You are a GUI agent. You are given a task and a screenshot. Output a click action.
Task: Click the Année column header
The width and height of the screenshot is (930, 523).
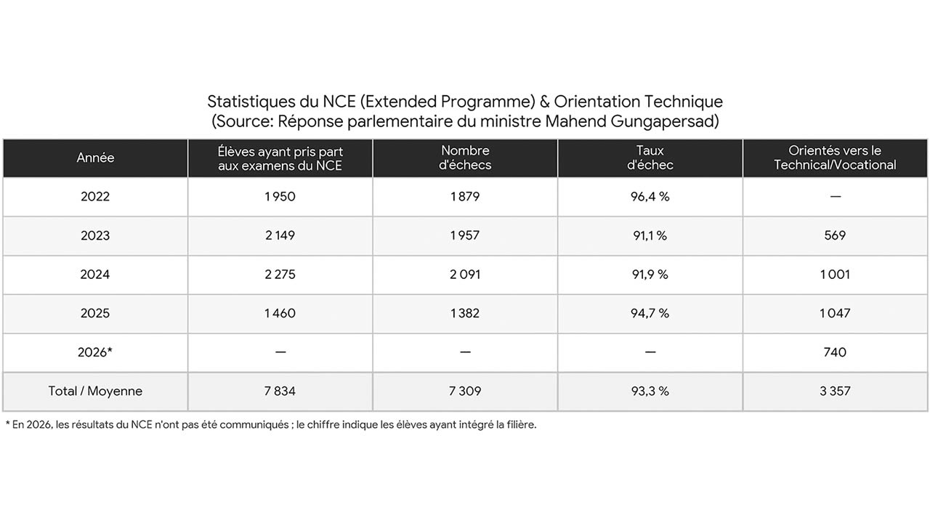click(95, 158)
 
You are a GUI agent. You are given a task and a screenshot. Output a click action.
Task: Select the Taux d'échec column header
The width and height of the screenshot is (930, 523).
click(650, 158)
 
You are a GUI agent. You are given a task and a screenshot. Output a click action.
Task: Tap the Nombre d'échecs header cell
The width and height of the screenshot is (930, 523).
click(465, 158)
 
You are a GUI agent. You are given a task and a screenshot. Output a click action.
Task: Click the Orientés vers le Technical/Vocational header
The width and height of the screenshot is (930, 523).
click(835, 158)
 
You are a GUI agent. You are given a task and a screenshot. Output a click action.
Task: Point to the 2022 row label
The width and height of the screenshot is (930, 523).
click(95, 196)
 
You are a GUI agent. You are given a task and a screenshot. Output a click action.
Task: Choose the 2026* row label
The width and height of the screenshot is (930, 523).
click(95, 352)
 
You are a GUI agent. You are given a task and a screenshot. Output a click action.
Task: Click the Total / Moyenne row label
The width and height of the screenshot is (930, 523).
click(95, 391)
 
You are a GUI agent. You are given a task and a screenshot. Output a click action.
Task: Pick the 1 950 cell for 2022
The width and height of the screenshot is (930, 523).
click(280, 196)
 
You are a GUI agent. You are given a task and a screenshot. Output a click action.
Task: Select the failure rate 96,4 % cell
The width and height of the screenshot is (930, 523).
click(650, 196)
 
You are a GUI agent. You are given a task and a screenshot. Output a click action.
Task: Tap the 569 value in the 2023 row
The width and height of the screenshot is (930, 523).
click(835, 235)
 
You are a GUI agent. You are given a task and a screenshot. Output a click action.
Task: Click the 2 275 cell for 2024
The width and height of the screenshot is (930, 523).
click(280, 275)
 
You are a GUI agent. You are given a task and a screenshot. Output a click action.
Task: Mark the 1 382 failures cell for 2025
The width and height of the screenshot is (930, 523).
click(465, 313)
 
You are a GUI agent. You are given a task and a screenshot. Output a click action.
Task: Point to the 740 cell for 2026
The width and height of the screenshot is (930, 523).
click(835, 352)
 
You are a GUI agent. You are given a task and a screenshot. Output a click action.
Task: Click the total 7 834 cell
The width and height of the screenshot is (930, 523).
click(280, 391)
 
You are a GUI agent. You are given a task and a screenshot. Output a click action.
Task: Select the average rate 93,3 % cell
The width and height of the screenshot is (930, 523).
click(650, 391)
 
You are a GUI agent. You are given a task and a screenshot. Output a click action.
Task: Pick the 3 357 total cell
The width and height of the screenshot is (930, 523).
click(835, 391)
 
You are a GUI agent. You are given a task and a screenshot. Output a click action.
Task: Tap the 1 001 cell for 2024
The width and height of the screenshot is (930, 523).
click(835, 275)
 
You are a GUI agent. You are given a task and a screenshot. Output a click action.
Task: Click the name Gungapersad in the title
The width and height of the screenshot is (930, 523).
click(665, 122)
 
